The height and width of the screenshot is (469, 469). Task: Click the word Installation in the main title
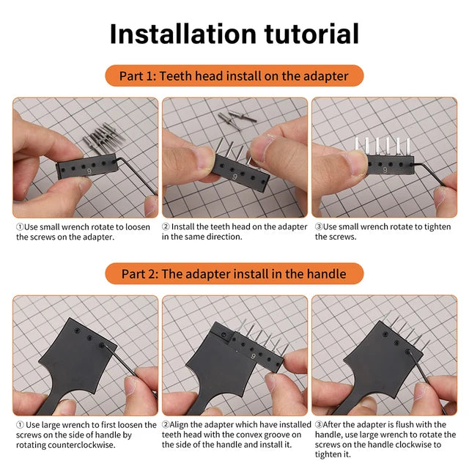tap(183, 34)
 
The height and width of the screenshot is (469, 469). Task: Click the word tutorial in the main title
tap(311, 34)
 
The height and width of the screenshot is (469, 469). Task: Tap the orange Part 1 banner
tap(234, 76)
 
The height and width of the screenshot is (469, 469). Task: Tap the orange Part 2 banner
tap(234, 273)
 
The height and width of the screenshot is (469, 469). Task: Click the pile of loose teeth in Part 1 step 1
tap(103, 138)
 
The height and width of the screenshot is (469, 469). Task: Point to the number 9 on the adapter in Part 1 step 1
tap(89, 171)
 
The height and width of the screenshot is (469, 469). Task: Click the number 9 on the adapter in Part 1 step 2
tap(234, 177)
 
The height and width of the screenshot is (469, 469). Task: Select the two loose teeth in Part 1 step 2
tap(237, 120)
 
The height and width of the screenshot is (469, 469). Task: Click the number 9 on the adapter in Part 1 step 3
tap(385, 170)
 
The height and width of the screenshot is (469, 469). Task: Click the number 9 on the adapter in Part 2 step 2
tap(254, 356)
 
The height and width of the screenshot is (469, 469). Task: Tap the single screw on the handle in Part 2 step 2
tap(224, 334)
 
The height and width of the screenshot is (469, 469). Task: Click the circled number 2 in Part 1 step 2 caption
tap(166, 226)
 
